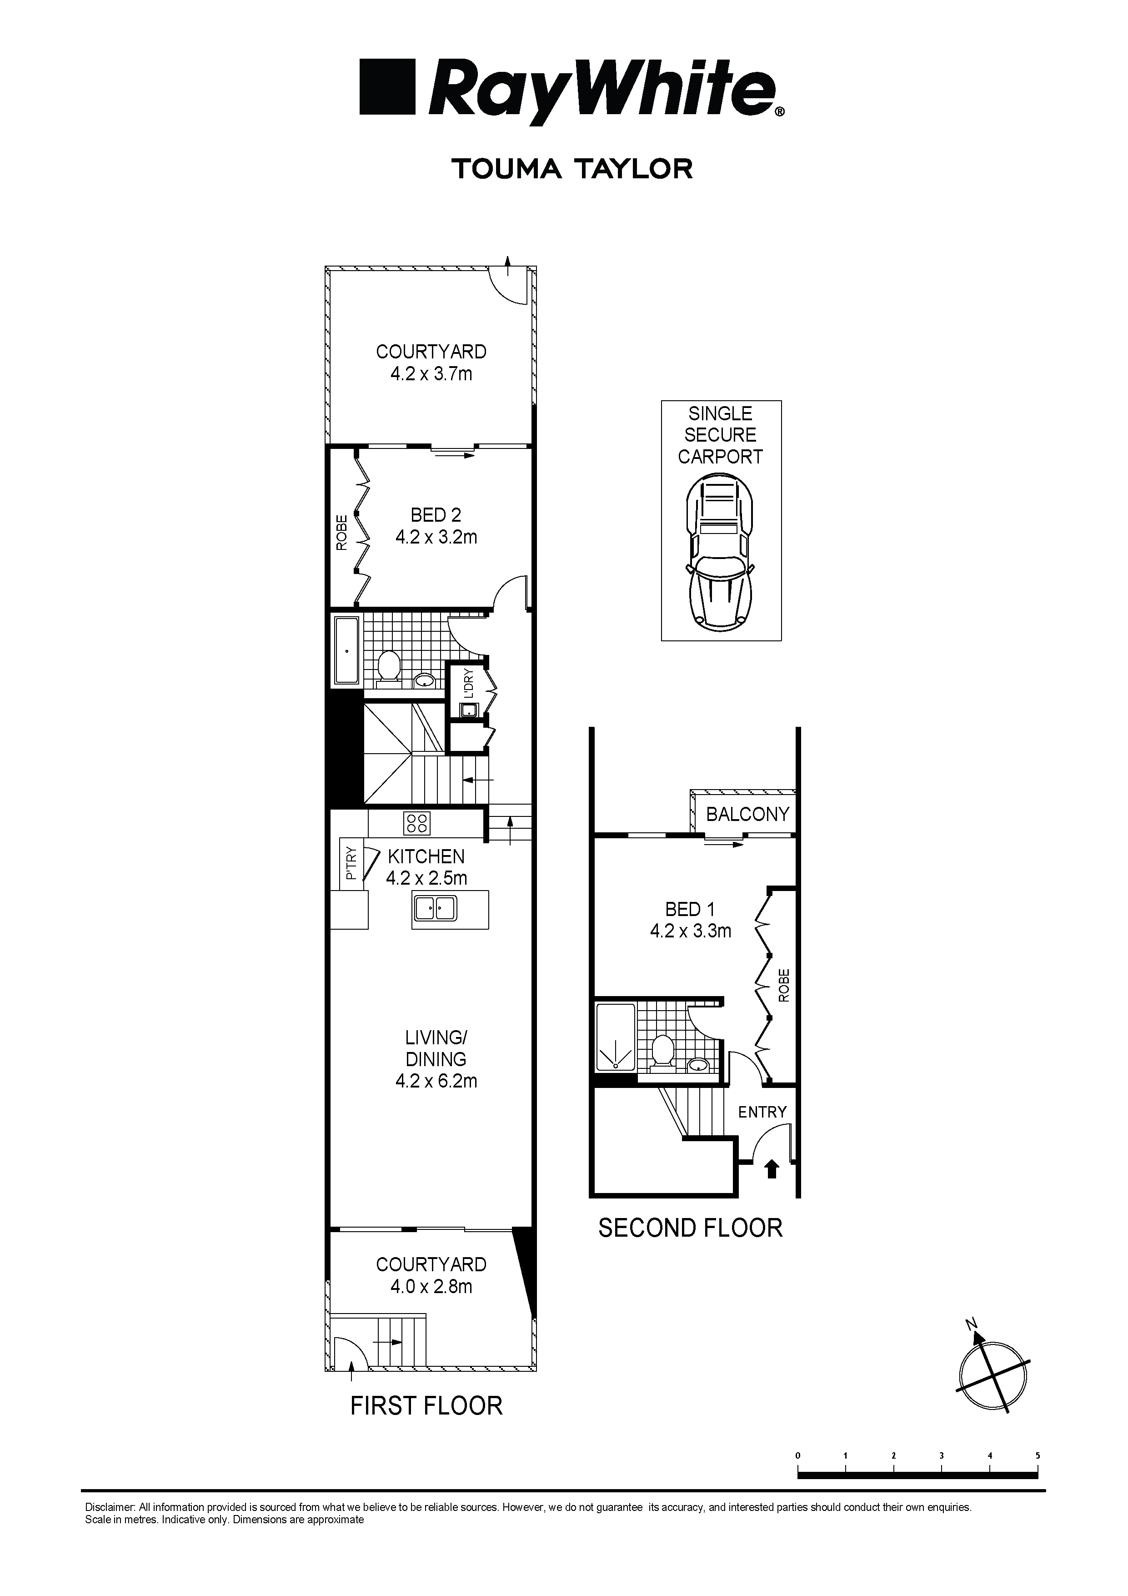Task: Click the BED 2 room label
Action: pyautogui.click(x=436, y=515)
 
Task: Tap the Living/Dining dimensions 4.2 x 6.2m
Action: pyautogui.click(x=436, y=1081)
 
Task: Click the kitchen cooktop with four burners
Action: pyautogui.click(x=417, y=823)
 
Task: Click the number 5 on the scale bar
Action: pyautogui.click(x=1038, y=1455)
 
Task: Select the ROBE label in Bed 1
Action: pyautogui.click(x=784, y=986)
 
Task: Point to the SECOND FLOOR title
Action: pyautogui.click(x=690, y=1228)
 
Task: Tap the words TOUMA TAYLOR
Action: pyautogui.click(x=572, y=169)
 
